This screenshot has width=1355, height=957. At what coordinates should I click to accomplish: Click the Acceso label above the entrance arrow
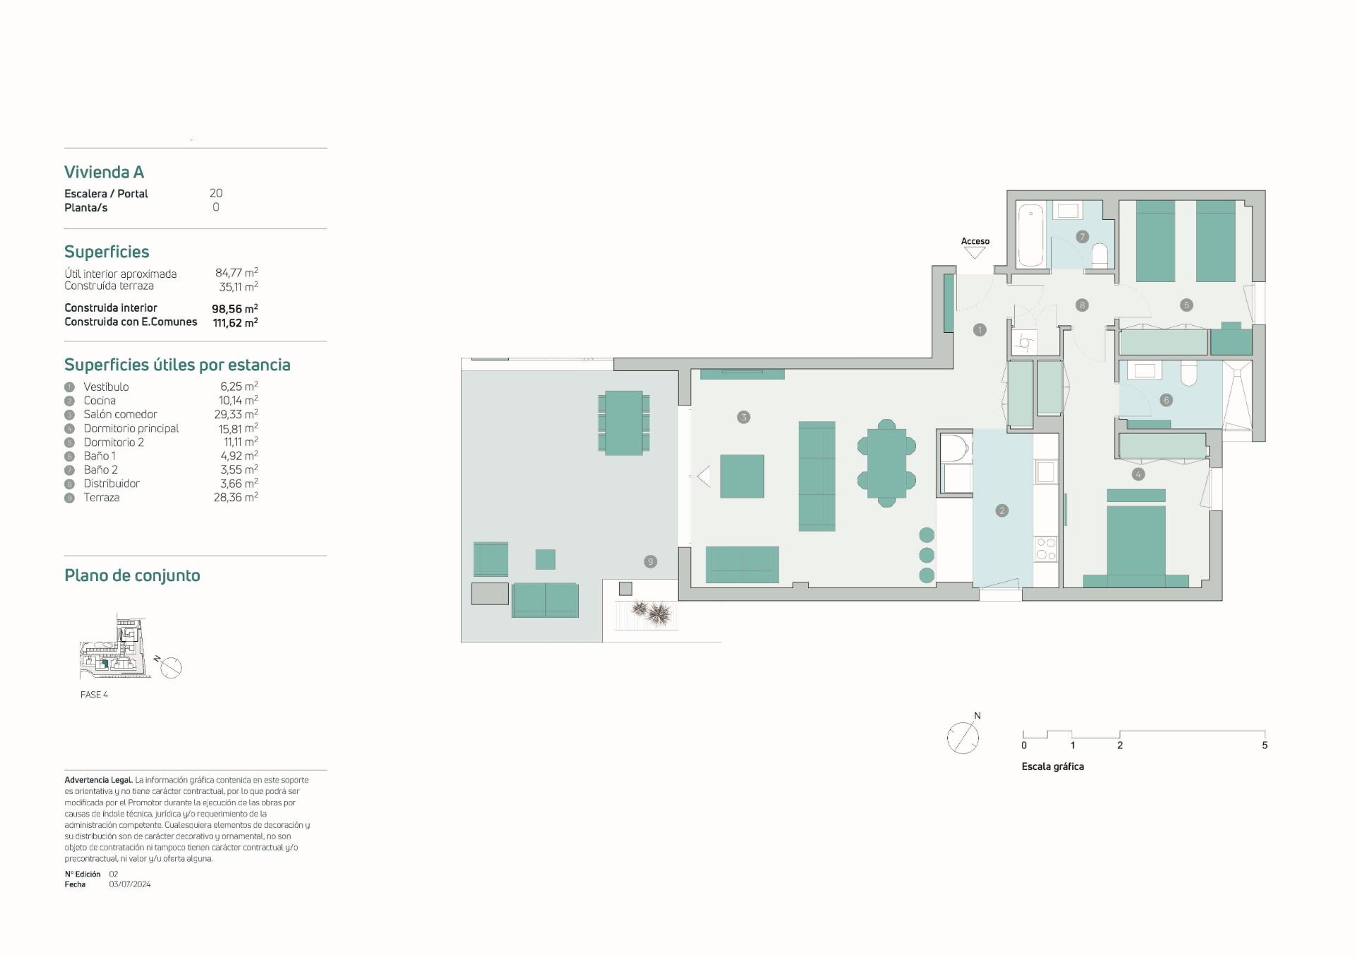pyautogui.click(x=975, y=241)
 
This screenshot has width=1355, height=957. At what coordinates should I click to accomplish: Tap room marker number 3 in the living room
pyautogui.click(x=743, y=417)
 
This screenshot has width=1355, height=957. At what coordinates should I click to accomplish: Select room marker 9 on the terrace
pyautogui.click(x=651, y=561)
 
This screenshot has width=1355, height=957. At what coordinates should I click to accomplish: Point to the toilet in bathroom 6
pyautogui.click(x=1188, y=373)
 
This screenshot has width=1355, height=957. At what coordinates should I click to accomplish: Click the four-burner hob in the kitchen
pyautogui.click(x=1045, y=549)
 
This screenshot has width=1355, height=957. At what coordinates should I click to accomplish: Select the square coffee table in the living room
pyautogui.click(x=742, y=476)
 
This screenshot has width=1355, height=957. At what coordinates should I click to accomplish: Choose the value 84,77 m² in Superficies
pyautogui.click(x=236, y=273)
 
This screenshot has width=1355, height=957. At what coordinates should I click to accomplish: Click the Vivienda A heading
pyautogui.click(x=104, y=172)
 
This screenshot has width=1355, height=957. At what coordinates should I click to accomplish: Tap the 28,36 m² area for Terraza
pyautogui.click(x=235, y=497)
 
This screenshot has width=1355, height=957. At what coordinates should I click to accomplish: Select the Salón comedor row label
pyautogui.click(x=120, y=415)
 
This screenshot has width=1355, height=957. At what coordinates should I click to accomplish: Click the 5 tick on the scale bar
pyautogui.click(x=1265, y=745)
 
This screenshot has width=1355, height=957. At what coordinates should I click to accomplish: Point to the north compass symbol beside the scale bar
pyautogui.click(x=963, y=737)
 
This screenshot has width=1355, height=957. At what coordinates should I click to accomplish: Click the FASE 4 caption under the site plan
pyautogui.click(x=94, y=695)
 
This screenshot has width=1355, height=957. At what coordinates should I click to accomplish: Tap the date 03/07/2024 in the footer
pyautogui.click(x=130, y=884)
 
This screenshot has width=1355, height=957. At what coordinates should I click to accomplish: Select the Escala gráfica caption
pyautogui.click(x=1052, y=767)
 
